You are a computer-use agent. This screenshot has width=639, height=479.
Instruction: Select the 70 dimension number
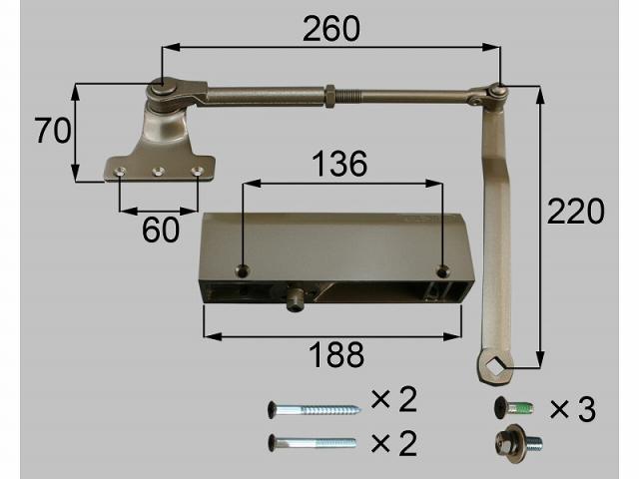click(x=50, y=132)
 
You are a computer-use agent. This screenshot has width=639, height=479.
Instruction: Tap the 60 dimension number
click(x=160, y=230)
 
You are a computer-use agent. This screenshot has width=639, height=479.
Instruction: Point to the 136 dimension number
click(x=339, y=164)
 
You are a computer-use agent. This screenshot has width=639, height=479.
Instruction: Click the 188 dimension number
click(x=333, y=354)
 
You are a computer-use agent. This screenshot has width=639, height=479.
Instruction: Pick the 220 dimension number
click(x=575, y=212)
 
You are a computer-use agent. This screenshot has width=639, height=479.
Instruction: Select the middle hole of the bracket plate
click(x=158, y=172)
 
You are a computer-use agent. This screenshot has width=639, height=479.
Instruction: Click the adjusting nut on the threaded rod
click(x=327, y=95)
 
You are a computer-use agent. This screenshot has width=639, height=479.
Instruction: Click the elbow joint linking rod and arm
click(x=495, y=94)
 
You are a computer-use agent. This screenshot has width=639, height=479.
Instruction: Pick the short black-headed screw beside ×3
click(x=510, y=407)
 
